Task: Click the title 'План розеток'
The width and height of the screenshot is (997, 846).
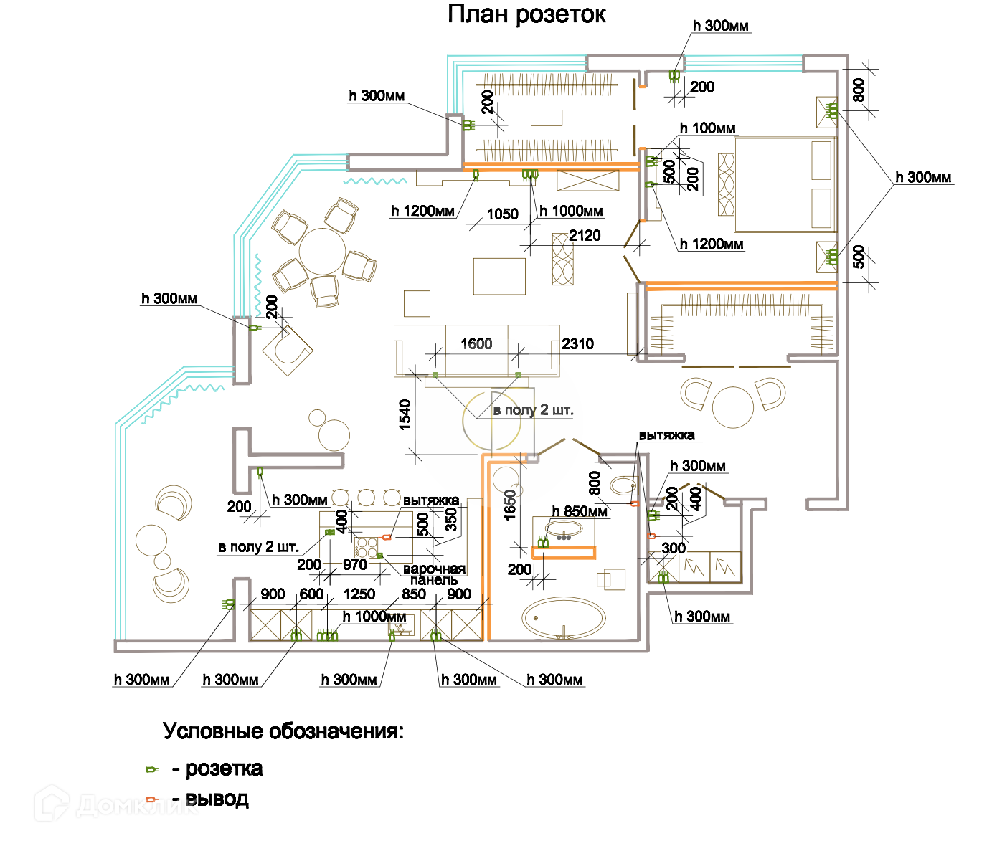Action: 526,14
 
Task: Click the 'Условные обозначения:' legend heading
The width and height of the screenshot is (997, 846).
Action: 283,731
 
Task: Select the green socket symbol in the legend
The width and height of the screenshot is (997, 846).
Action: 151,769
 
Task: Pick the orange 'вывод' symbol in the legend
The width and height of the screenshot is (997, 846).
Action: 151,799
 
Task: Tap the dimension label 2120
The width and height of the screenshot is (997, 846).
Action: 585,236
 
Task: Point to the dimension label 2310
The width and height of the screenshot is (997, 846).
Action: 577,344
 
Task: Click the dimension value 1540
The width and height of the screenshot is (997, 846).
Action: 405,414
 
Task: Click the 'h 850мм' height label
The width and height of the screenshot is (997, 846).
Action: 580,511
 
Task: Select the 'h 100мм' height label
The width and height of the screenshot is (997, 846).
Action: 708,128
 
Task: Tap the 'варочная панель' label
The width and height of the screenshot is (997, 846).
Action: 434,574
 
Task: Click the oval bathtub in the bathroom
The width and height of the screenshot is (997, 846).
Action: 563,618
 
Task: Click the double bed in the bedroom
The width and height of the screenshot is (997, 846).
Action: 785,185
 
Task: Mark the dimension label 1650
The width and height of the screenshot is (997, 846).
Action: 510,504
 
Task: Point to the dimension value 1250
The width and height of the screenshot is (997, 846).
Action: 359,594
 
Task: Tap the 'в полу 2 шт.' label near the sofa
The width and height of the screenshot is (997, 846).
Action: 533,410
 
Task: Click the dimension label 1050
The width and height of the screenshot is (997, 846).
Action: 502,214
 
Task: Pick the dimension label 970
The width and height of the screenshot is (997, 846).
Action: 354,565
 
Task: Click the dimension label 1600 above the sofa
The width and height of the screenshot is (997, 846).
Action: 476,344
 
